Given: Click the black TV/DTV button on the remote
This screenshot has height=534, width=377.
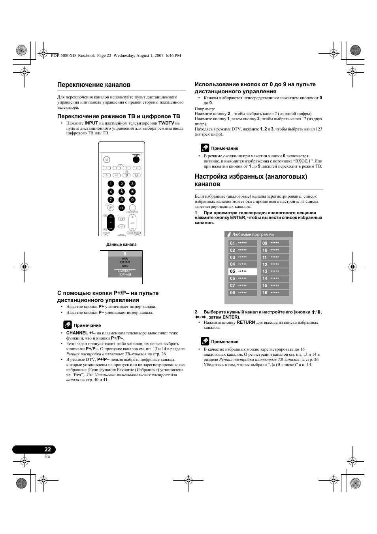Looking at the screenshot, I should [136, 160].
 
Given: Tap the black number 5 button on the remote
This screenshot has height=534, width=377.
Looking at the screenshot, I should [122, 192].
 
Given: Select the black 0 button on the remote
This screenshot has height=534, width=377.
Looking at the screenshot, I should [122, 208].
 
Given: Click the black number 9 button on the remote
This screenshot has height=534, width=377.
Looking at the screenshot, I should [132, 200].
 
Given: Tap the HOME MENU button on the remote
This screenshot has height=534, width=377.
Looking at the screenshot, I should [134, 233].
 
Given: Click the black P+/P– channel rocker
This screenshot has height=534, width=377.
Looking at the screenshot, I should [111, 223].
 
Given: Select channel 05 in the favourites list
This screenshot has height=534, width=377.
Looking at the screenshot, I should [243, 272].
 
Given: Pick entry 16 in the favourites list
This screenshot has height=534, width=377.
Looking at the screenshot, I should [275, 293].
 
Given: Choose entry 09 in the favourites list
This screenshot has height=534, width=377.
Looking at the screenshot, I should [275, 243].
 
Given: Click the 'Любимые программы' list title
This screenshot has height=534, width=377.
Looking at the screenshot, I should [253, 234].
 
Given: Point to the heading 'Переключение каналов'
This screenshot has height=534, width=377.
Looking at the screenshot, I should [94, 85].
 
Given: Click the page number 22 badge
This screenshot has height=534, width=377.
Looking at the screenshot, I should [47, 449].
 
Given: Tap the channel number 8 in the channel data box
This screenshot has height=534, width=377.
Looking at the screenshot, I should [125, 254].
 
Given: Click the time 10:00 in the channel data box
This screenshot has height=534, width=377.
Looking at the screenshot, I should [125, 266].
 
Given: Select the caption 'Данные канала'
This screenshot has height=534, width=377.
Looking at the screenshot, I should [121, 244].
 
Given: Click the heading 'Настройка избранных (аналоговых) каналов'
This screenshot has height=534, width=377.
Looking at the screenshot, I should [251, 180].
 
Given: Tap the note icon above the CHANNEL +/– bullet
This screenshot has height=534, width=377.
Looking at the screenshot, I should [68, 325].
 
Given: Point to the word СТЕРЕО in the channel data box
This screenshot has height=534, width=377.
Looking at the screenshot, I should [125, 262].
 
